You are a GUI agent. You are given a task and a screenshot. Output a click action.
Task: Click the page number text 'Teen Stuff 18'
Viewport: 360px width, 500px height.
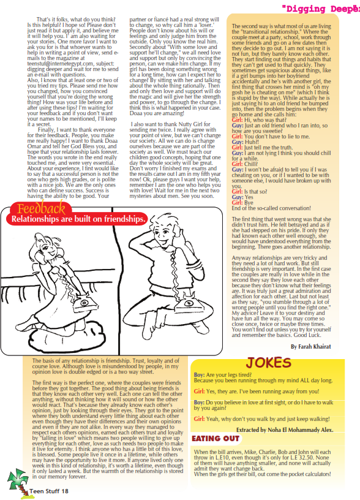coord(48,491)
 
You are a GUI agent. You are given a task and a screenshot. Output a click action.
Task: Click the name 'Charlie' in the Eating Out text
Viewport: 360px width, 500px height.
coord(280,452)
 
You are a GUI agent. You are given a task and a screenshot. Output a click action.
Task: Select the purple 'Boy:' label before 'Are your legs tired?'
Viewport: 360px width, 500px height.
coord(199,374)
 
